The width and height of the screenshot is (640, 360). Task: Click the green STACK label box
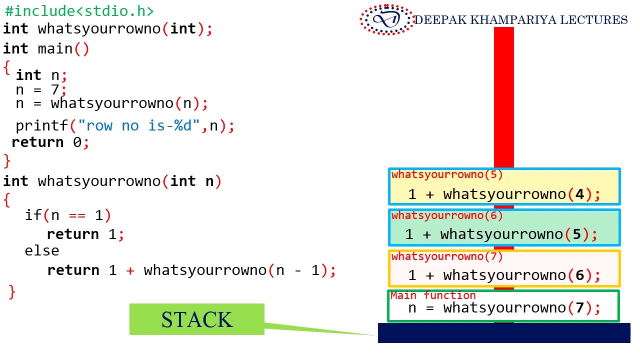(x=196, y=319)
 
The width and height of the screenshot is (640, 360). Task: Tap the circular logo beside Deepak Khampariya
(x=386, y=20)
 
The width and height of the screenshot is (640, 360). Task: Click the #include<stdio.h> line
(x=79, y=11)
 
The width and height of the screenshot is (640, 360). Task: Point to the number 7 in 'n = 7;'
(x=55, y=90)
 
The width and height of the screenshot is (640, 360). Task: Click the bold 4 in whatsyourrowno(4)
(x=580, y=194)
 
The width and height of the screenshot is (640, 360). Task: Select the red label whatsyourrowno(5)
(x=447, y=175)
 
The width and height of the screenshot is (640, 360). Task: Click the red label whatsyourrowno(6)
(x=447, y=216)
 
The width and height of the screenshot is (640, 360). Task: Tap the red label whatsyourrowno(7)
(x=447, y=257)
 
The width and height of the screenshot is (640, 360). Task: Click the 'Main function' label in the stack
(x=433, y=295)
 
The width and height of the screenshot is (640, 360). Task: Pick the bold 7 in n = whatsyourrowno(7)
(x=580, y=307)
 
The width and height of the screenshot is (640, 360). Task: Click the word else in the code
(x=41, y=250)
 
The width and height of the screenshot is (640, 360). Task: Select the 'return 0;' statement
(x=50, y=142)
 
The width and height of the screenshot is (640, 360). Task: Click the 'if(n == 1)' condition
(x=68, y=215)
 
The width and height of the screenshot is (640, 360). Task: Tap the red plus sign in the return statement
(x=130, y=270)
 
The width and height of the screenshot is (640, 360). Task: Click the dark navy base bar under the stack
(x=503, y=333)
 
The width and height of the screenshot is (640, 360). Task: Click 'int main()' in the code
(x=46, y=49)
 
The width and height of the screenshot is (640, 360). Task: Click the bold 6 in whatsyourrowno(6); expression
(x=580, y=275)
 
